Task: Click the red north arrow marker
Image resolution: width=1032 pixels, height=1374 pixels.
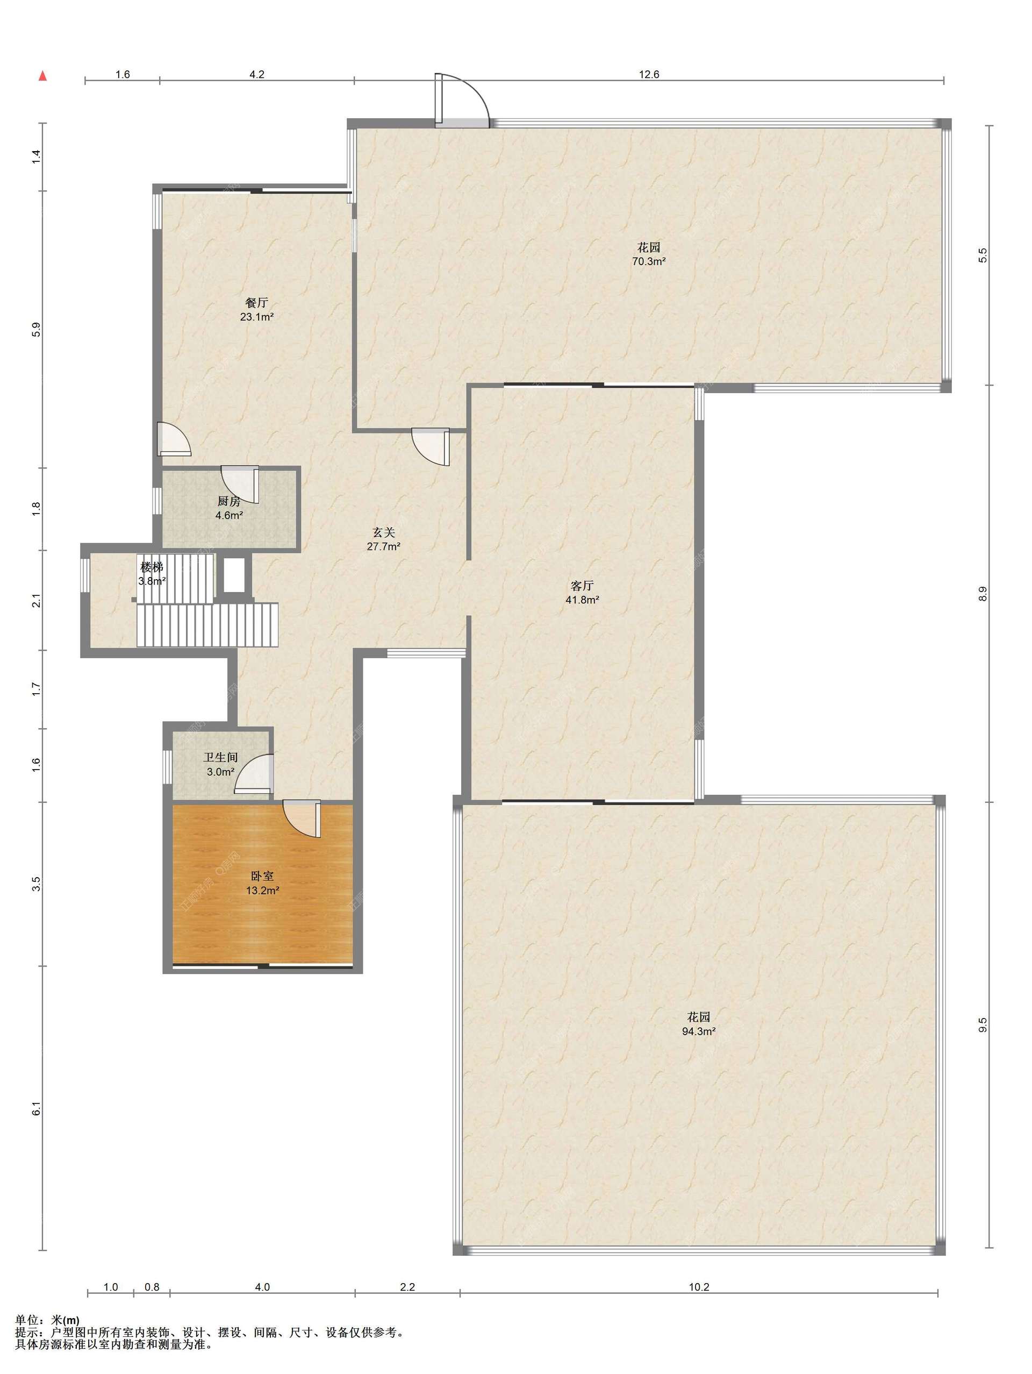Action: pos(43,76)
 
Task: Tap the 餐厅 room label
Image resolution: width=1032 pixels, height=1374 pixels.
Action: pos(256,303)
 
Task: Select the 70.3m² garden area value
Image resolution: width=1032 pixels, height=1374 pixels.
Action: pos(649,261)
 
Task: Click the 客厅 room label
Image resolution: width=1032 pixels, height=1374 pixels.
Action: pos(582,585)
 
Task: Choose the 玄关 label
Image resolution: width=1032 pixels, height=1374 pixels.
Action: pos(383,532)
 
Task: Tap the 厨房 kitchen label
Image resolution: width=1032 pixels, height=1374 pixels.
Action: pos(228,501)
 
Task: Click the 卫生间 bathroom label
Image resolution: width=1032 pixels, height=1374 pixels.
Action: pos(220,758)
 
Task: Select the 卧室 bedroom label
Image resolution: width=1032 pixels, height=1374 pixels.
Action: pos(262,876)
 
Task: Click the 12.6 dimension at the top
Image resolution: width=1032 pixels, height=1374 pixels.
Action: pos(649,75)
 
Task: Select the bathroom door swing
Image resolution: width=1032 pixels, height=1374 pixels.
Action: pos(253,774)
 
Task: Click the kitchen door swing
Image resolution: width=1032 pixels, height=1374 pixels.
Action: pos(240,485)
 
